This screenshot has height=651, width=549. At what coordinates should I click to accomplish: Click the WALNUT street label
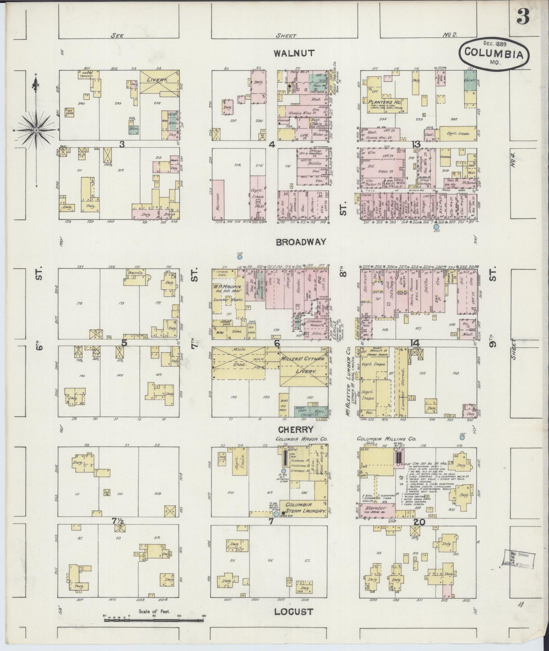coord(294,53)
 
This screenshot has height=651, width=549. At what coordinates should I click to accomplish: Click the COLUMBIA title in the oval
coord(494,54)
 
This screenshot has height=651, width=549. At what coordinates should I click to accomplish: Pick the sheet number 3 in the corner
coord(523,17)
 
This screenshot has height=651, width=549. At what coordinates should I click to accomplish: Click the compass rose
coord(36,130)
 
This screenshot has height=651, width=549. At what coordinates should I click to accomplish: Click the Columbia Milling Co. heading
coord(386,439)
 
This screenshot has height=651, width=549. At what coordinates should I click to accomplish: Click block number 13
coord(417,145)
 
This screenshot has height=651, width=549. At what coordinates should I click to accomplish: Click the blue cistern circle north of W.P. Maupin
coord(240,257)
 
